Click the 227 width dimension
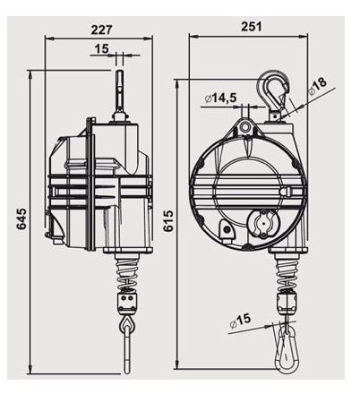click(101, 30)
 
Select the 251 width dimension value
click(251, 26)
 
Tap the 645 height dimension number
click(21, 218)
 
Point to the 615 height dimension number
click(168, 221)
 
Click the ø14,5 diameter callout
click(221, 98)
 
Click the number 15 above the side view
click(102, 48)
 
